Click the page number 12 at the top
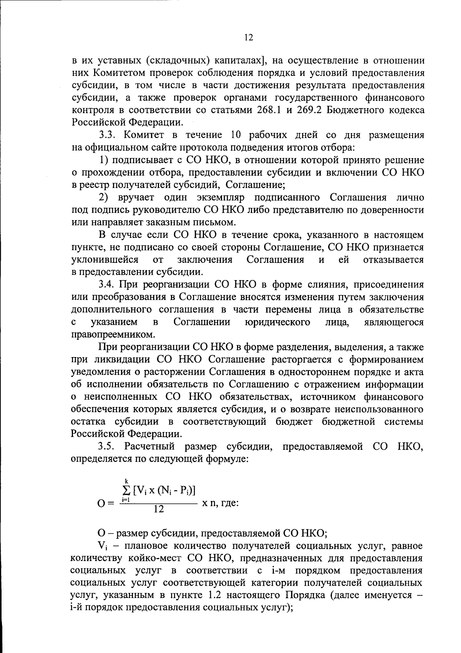pos(248,37)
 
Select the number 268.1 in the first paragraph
pos(267,110)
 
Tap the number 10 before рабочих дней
pos(236,135)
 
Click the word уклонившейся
pos(105,260)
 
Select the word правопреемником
pos(114,334)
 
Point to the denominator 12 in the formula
pos(158,509)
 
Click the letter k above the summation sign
pos(126,480)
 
